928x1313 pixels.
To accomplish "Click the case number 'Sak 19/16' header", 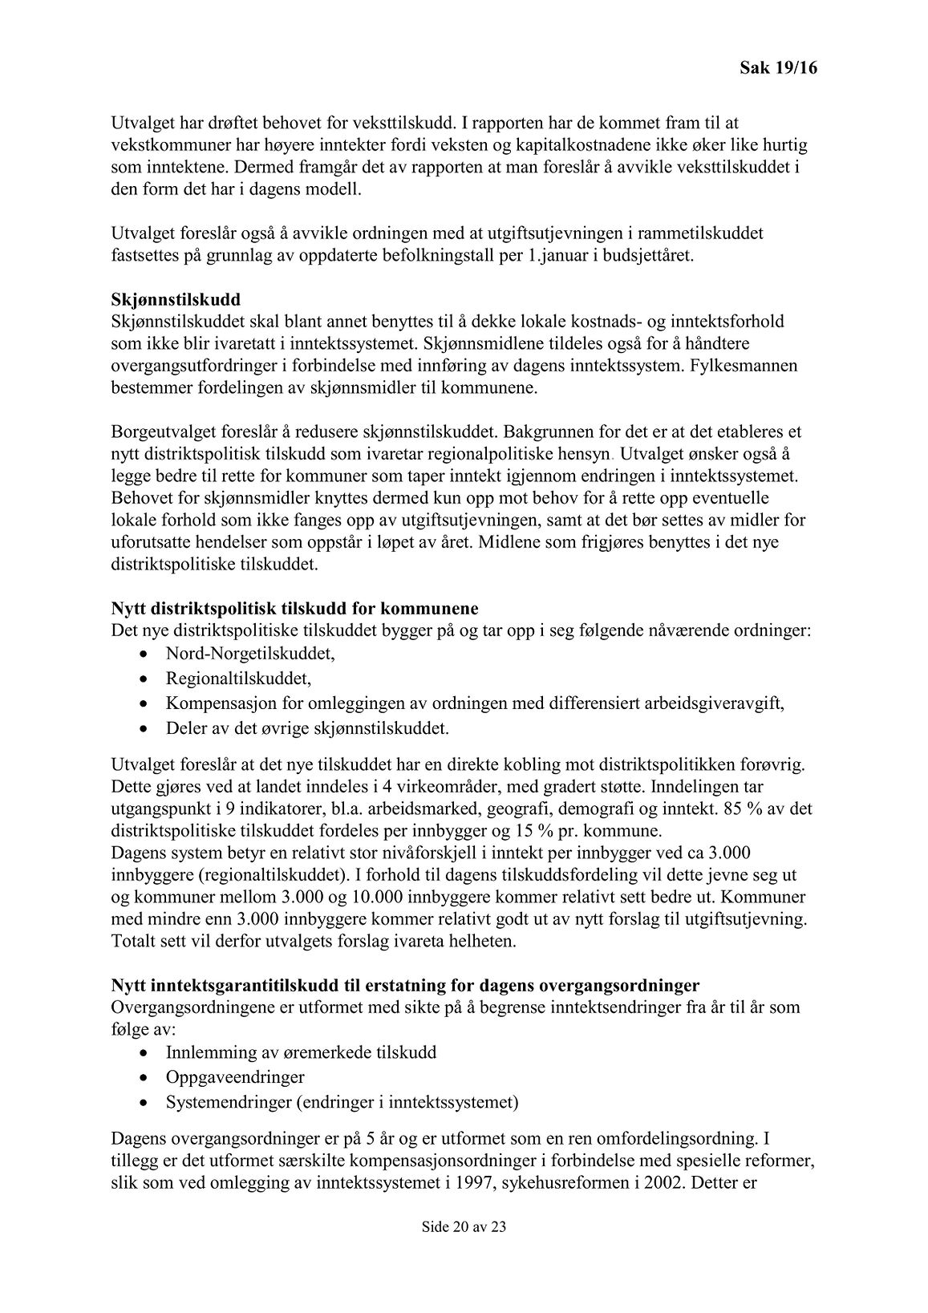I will (x=777, y=69).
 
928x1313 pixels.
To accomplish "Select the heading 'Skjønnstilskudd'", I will (x=176, y=299).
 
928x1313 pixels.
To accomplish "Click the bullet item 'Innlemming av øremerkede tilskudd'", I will (x=301, y=1052).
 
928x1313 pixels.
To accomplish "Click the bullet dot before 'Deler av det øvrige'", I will (x=143, y=730).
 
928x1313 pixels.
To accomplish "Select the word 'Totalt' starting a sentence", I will (x=134, y=940).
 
